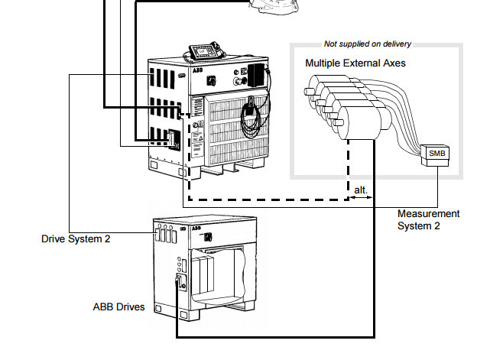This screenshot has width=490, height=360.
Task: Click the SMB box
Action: [x=436, y=153]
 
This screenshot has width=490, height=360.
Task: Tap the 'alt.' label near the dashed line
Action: [x=361, y=189]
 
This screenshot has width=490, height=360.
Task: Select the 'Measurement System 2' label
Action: [x=428, y=219]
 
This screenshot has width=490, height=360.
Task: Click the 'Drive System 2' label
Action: [x=76, y=239]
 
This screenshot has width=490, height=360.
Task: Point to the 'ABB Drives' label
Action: [x=118, y=307]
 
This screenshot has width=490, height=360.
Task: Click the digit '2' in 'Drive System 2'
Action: [x=107, y=239]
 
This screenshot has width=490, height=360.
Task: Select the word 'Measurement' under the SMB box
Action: [x=428, y=214]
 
